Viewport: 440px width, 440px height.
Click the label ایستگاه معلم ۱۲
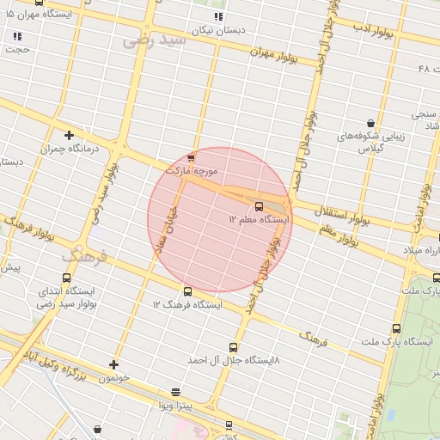259,220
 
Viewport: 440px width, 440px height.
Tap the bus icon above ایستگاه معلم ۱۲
260,206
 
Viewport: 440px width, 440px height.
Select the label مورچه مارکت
197,171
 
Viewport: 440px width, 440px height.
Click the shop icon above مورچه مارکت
191,157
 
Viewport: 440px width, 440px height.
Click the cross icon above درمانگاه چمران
70,135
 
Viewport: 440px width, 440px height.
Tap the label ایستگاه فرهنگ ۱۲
187,305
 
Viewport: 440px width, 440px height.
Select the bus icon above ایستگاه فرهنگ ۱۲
187,292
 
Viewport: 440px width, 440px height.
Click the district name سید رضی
155,40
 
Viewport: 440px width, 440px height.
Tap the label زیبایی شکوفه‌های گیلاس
370,143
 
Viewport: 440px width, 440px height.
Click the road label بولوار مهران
272,53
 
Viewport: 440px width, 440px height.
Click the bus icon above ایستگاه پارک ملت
396,328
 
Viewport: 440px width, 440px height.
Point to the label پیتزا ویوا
178,403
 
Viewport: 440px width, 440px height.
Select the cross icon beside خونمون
113,365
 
